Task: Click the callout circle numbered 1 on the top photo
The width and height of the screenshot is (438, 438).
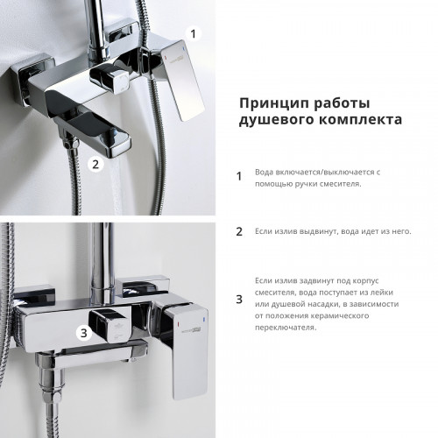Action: coord(195,33)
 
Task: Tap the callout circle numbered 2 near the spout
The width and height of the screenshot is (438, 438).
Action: coord(98,163)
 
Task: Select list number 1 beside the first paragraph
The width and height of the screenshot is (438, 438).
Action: coord(239,177)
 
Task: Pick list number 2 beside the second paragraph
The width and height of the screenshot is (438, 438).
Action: coord(239,232)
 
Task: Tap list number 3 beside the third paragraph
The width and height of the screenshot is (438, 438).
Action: coord(239,300)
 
